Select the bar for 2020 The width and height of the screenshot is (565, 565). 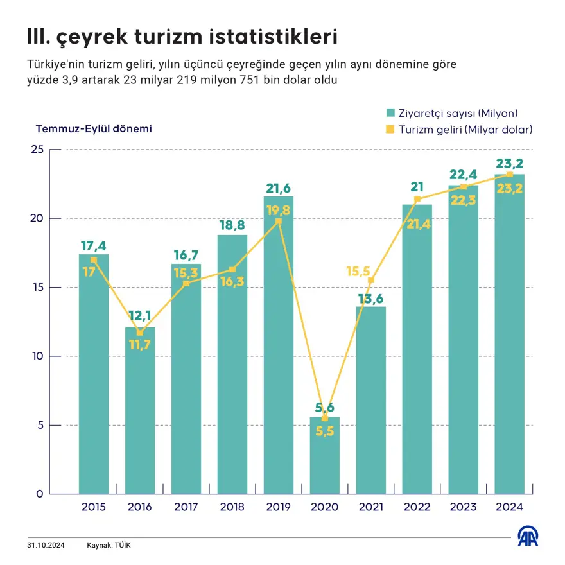[x=325, y=456]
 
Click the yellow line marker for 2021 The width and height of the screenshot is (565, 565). [x=371, y=281]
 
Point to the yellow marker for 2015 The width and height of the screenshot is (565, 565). [x=94, y=260]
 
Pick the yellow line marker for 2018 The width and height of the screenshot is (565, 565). [x=232, y=270]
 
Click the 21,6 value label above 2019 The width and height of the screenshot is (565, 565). [x=279, y=188]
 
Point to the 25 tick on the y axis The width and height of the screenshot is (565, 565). [x=37, y=150]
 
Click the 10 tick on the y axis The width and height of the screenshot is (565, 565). [x=37, y=356]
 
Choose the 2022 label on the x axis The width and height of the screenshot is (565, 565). [x=417, y=507]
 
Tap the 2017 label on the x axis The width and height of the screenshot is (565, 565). [x=186, y=507]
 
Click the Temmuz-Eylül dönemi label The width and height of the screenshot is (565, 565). [x=94, y=128]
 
